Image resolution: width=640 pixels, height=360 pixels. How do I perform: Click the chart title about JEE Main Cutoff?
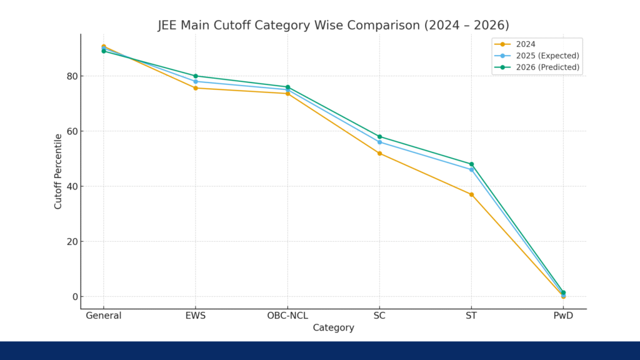point(333,26)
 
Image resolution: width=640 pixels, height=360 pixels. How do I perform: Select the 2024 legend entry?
point(525,44)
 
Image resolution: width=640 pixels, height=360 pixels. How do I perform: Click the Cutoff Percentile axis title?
point(58,171)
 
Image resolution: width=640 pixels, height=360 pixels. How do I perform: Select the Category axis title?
point(333,327)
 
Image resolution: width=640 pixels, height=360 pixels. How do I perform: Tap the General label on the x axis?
point(104,316)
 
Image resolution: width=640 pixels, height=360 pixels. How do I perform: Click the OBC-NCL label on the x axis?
point(287,316)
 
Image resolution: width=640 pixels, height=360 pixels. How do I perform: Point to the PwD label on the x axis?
point(563,316)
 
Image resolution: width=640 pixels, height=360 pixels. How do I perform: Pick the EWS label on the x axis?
point(196,316)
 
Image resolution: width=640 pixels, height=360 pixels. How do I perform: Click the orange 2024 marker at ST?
point(471,194)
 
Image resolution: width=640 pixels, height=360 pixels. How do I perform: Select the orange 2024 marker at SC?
point(379,153)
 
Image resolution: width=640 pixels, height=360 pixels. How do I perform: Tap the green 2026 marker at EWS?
point(196,76)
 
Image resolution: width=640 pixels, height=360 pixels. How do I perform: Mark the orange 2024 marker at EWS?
point(196,88)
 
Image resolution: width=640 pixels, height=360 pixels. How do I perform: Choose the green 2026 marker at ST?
point(471,164)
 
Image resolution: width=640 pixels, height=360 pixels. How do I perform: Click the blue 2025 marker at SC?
point(379,142)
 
